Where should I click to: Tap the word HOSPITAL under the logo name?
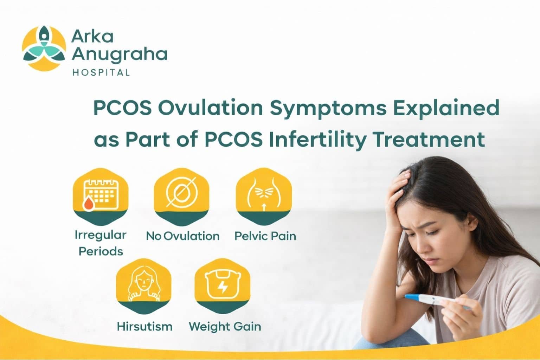pyautogui.click(x=101, y=73)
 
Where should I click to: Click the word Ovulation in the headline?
pyautogui.click(x=210, y=108)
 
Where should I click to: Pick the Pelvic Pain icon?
pyautogui.click(x=264, y=195)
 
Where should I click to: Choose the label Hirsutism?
pyautogui.click(x=144, y=327)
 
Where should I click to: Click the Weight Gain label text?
pyautogui.click(x=225, y=327)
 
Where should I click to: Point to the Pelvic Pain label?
pyautogui.click(x=265, y=236)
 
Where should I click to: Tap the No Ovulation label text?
pyautogui.click(x=183, y=236)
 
